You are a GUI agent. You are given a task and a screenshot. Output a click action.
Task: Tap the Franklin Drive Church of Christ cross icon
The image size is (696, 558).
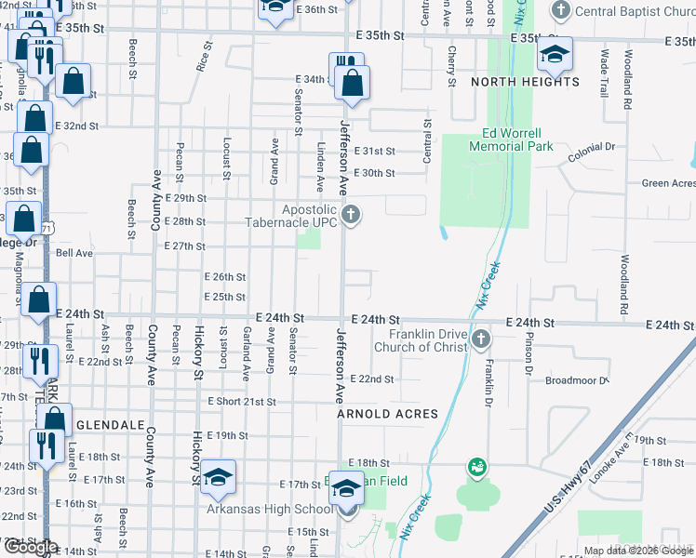click(481, 337)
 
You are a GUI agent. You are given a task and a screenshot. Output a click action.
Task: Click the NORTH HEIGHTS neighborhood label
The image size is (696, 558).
click(525, 82)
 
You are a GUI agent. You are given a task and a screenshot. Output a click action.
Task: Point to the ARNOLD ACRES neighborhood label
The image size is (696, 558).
click(387, 414)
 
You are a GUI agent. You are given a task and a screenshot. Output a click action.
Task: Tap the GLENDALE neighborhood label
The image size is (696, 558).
click(111, 425)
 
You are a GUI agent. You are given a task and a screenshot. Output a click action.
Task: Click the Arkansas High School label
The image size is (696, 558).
click(270, 509)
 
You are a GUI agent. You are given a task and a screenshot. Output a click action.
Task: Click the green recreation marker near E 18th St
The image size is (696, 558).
click(477, 465)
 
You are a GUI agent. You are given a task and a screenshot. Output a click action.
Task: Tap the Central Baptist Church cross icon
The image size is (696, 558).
click(561, 11)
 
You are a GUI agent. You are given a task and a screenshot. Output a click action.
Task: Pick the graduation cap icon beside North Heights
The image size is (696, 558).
click(555, 56)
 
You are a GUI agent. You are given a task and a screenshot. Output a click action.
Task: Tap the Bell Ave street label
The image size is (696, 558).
click(74, 253)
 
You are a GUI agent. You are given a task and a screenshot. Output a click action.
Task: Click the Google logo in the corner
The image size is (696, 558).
click(30, 548)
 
